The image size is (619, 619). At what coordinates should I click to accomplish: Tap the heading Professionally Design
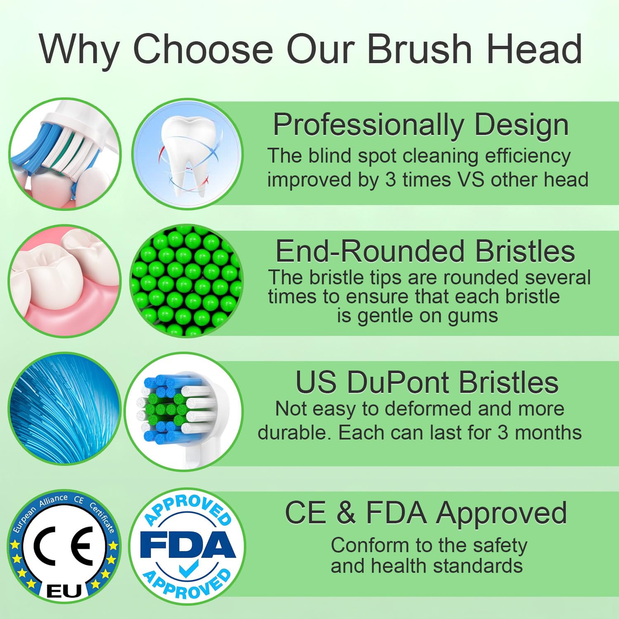[421, 125]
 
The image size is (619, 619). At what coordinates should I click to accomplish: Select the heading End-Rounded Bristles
[425, 251]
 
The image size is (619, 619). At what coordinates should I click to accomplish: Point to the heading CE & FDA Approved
[426, 513]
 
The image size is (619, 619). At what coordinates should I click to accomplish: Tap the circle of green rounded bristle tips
[187, 281]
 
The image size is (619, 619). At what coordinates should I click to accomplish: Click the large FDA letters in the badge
[188, 545]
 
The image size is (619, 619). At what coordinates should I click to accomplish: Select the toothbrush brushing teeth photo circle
[65, 154]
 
